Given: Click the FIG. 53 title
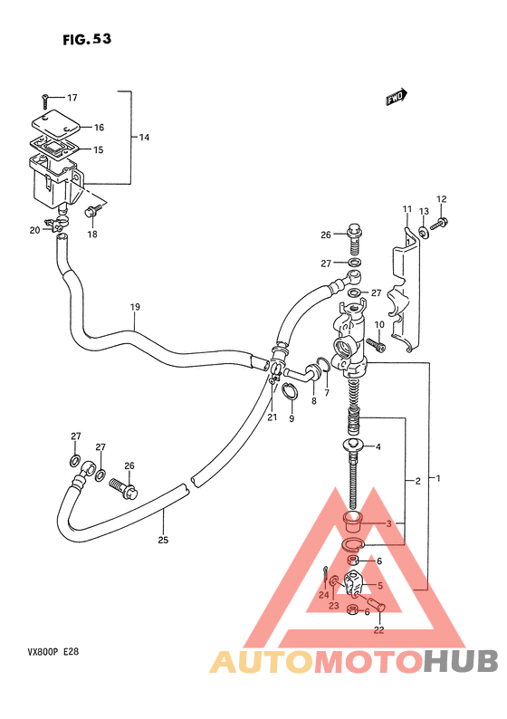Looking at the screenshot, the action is (87, 40).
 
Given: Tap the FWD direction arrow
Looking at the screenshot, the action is (396, 97).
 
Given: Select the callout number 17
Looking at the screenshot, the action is (72, 97).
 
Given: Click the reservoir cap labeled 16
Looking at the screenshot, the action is (55, 123).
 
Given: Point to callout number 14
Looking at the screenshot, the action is (144, 137).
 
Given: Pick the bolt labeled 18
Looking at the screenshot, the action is (91, 211).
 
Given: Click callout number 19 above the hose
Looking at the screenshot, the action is (135, 307).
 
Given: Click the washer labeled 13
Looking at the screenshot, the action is (423, 233).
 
